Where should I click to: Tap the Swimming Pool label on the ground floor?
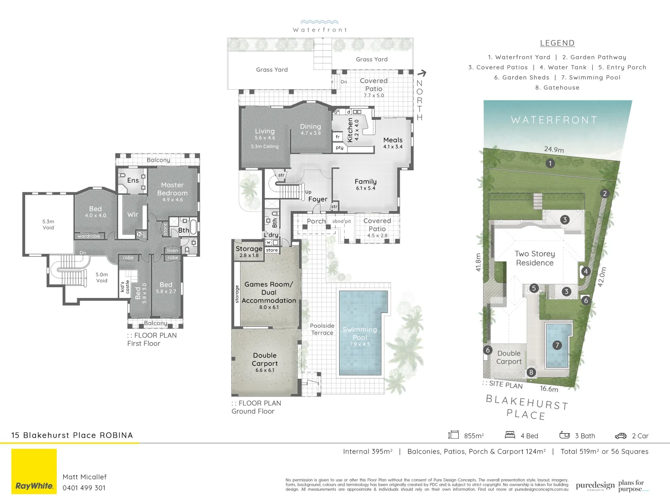(x=360, y=334)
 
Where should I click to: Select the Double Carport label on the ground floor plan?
(x=265, y=360)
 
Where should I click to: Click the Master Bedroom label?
(x=172, y=189)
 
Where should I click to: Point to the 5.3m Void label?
(x=48, y=225)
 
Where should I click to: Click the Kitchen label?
(x=350, y=130)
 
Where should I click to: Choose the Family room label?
(x=365, y=182)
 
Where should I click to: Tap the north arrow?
(x=422, y=73)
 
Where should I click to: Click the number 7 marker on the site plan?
(x=557, y=345)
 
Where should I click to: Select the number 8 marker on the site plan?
(x=531, y=372)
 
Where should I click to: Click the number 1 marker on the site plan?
(x=550, y=163)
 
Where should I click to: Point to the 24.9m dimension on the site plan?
(x=554, y=150)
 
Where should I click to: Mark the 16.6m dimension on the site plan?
(x=549, y=389)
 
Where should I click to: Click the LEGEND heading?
(x=557, y=43)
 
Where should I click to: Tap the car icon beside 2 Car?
(x=621, y=436)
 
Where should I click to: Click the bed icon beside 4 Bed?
(x=510, y=435)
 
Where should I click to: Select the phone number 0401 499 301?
(x=84, y=488)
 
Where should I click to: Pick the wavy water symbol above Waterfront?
(x=319, y=22)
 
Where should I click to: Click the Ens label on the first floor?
(x=133, y=180)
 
